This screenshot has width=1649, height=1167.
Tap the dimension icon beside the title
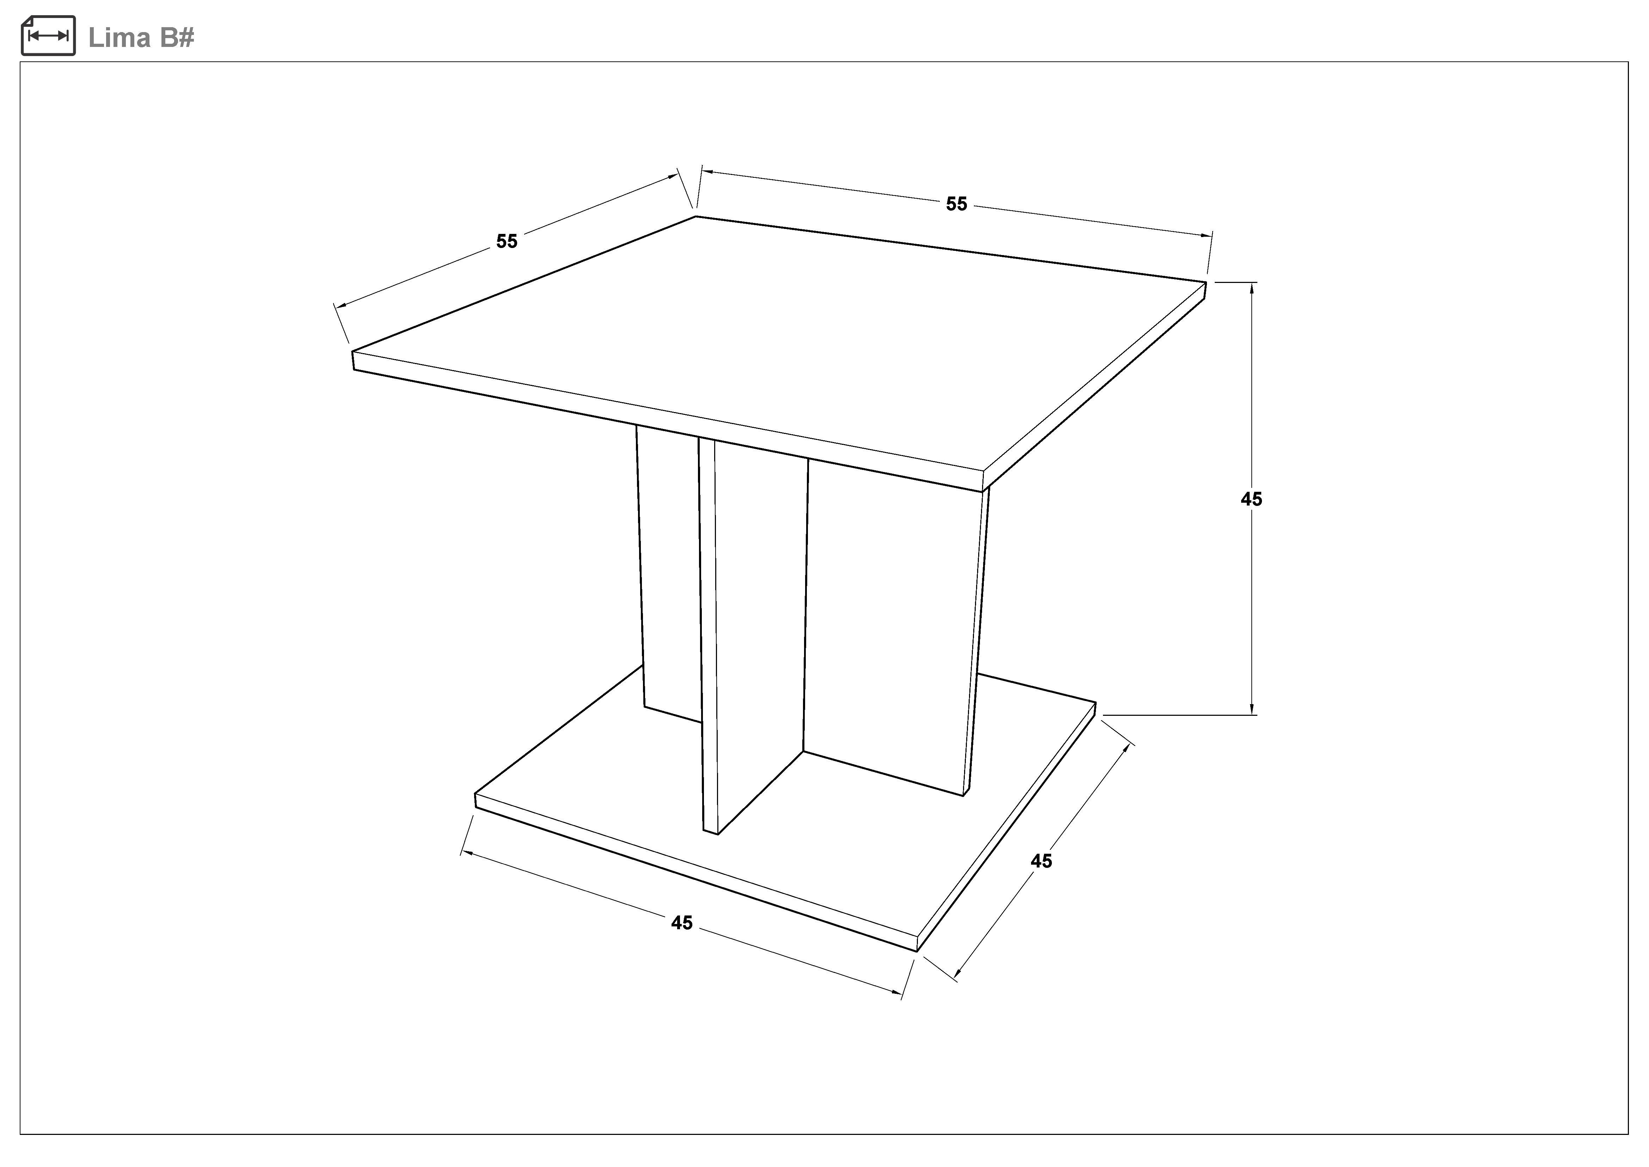click(x=48, y=35)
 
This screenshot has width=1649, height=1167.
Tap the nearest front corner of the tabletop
click(x=982, y=472)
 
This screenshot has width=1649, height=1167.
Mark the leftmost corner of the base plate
click(x=476, y=794)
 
